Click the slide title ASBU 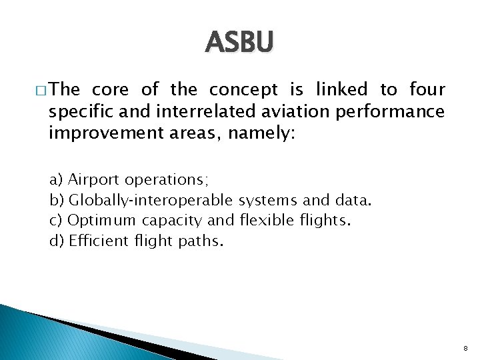tap(239, 43)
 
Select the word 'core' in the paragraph tap(111, 89)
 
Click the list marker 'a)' tap(57, 180)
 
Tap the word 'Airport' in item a tap(93, 180)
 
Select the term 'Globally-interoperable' tap(151, 200)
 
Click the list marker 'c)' tap(57, 220)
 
